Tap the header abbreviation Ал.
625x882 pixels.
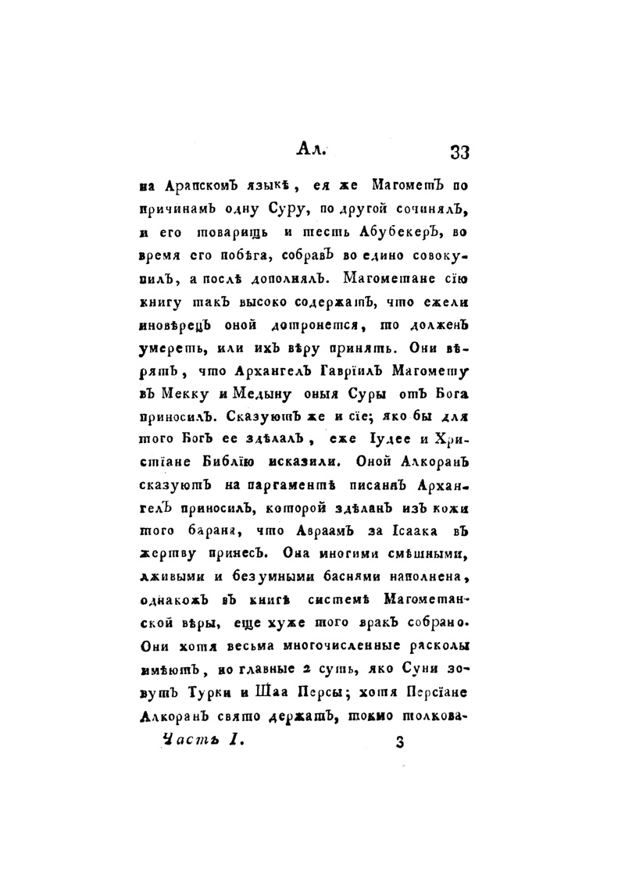tap(314, 148)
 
